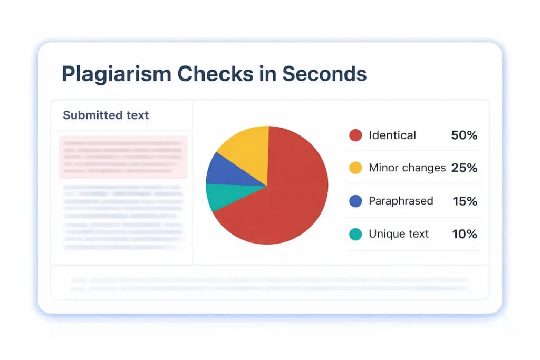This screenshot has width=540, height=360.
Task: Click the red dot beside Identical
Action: pos(355,135)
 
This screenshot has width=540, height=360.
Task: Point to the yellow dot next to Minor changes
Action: pos(355,168)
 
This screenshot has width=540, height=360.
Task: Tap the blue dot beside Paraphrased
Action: pos(355,201)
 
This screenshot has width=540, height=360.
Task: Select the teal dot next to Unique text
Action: pos(355,234)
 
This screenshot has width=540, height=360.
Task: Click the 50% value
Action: pos(464,135)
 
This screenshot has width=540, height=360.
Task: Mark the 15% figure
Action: pos(465,201)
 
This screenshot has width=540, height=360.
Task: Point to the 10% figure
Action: pos(465,234)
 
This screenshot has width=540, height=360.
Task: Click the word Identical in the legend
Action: pos(392,135)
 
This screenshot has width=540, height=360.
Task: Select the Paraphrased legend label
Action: pos(401,201)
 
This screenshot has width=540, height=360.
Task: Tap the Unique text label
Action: pos(399,234)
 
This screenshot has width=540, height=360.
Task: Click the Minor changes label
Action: pos(407,168)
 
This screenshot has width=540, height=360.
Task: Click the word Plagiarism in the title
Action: pos(115,74)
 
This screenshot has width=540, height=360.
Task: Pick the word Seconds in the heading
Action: pos(324,74)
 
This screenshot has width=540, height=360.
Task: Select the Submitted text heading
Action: pos(106,115)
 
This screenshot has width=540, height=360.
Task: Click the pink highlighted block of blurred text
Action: pos(123,157)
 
